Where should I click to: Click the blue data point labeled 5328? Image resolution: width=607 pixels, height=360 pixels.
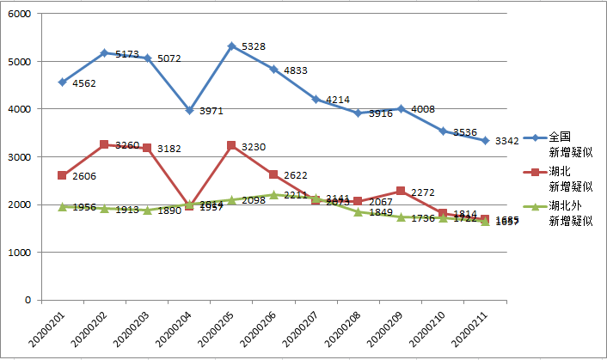pyautogui.click(x=231, y=46)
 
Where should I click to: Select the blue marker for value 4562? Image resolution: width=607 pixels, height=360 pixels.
pyautogui.click(x=62, y=82)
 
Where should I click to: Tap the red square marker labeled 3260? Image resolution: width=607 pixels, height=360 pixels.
pyautogui.click(x=104, y=144)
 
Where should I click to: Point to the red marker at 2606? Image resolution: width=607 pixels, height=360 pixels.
pyautogui.click(x=62, y=175)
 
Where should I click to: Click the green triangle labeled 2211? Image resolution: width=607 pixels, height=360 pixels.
pyautogui.click(x=273, y=194)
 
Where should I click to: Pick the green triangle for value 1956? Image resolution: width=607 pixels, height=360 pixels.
pyautogui.click(x=62, y=206)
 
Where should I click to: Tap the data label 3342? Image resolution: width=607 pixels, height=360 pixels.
pyautogui.click(x=506, y=141)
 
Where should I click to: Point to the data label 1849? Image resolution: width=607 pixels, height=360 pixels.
pyautogui.click(x=380, y=212)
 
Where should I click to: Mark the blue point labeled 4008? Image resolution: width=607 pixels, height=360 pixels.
pyautogui.click(x=401, y=109)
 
